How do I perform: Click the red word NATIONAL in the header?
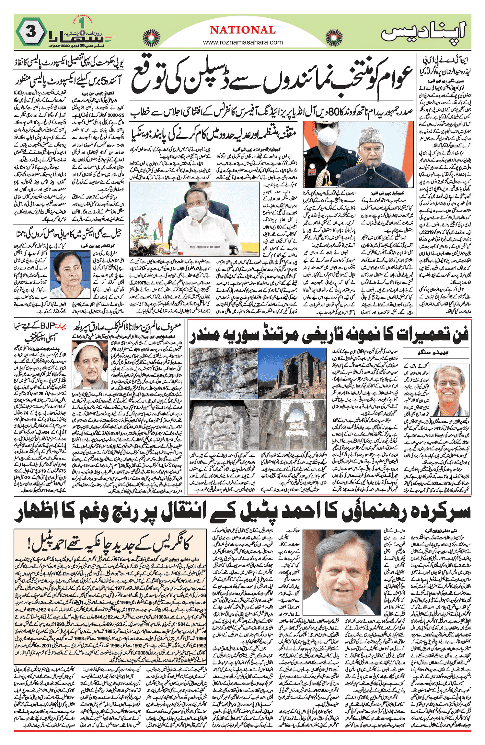pos(243,30)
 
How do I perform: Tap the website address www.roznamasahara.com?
pos(243,42)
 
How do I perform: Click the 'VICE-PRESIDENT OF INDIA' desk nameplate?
pos(205,247)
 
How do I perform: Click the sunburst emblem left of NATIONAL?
pos(151,37)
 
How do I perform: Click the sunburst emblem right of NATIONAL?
pos(334,37)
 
